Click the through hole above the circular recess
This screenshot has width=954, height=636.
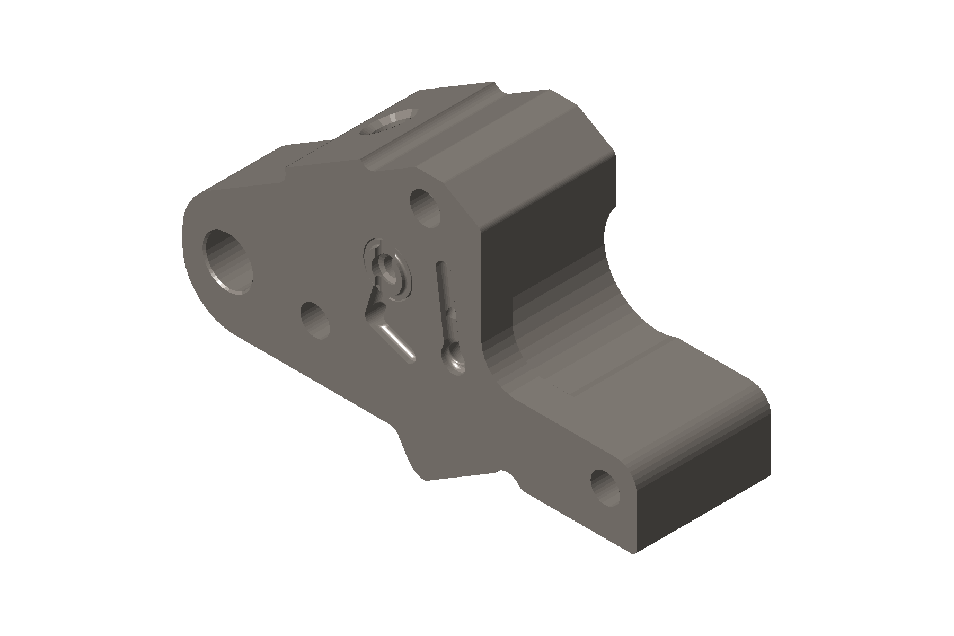pyautogui.click(x=426, y=208)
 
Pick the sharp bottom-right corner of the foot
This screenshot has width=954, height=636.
pyautogui.click(x=634, y=553)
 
